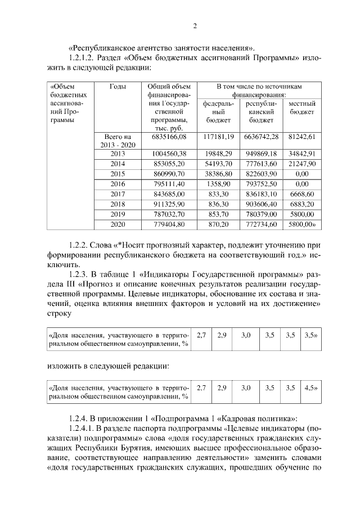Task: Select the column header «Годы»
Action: [x=118, y=87]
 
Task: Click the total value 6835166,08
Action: [x=169, y=137]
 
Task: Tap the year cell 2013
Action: [x=118, y=154]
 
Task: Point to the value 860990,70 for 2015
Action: [x=169, y=174]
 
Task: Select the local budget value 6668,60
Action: [x=302, y=194]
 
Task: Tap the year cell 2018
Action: [x=118, y=204]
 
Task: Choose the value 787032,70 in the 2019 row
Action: [x=169, y=214]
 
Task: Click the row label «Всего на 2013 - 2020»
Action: [x=118, y=141]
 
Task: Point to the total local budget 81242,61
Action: [x=302, y=137]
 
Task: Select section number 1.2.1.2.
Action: [x=84, y=58]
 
